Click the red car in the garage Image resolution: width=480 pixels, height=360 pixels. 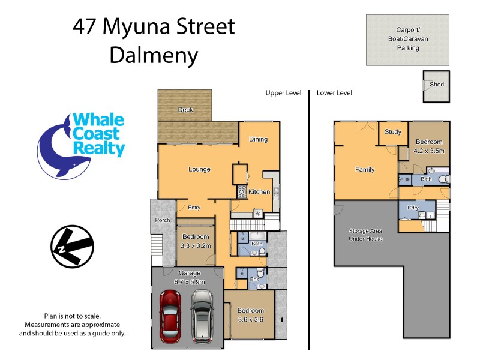[x=171, y=316]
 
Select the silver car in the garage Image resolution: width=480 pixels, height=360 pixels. [x=202, y=316]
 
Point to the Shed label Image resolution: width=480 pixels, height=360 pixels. [x=437, y=85]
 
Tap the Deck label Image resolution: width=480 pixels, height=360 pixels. [x=185, y=110]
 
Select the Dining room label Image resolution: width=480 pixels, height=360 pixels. [x=259, y=140]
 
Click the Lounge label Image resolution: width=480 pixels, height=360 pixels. [x=199, y=169]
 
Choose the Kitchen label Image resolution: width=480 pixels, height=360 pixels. [x=259, y=192]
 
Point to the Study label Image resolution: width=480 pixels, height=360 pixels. [x=393, y=132]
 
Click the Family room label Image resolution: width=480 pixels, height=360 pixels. [x=365, y=170]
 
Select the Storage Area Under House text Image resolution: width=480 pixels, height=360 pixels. [x=365, y=235]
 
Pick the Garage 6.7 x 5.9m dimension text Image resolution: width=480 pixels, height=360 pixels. [x=189, y=278]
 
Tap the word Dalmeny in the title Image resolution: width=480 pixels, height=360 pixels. [x=154, y=56]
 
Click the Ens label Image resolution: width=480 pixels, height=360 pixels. [x=254, y=279]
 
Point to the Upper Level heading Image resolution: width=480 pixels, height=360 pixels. [x=284, y=93]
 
